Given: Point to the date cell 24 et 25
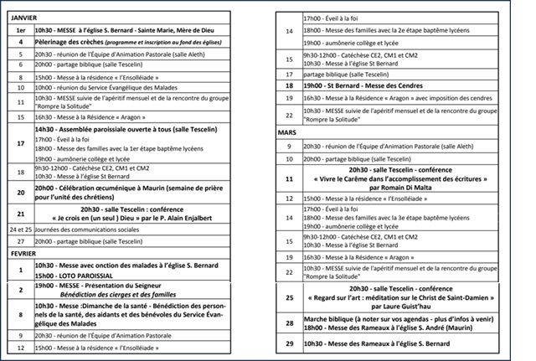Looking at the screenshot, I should click(19, 228).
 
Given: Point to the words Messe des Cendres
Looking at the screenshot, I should click(380, 85).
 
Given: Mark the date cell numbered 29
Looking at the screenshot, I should click(289, 344).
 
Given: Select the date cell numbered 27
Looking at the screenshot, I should click(19, 240).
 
